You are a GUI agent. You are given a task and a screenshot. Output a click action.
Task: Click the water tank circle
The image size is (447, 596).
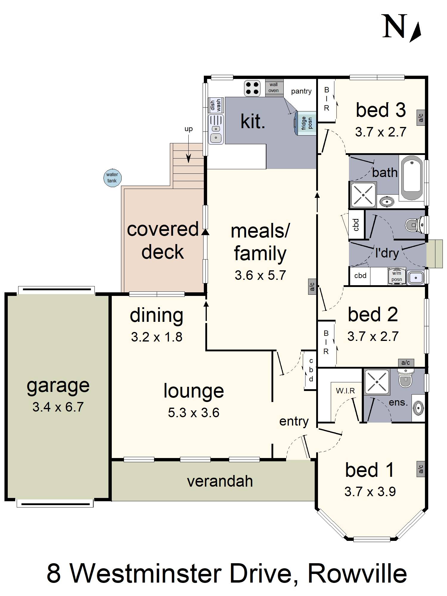[x=112, y=178]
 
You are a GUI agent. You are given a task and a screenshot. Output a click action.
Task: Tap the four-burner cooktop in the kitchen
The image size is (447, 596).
[x=252, y=88]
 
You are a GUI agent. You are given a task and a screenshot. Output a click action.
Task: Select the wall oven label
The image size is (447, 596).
[x=274, y=88]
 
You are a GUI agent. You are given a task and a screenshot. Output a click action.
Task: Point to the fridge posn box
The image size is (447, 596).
[x=306, y=123]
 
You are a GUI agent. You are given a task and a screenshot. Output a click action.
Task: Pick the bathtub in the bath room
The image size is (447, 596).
[x=412, y=179]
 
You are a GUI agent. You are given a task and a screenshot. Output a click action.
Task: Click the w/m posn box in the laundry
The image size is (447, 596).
[x=397, y=276]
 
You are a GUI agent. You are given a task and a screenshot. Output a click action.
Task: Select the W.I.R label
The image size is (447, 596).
[x=345, y=391]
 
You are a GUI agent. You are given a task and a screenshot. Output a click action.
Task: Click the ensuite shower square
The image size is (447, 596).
[x=377, y=382]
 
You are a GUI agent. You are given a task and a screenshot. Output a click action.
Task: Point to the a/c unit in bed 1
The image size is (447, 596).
[x=421, y=469]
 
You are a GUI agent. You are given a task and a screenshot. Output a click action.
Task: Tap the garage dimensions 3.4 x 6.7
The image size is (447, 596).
[x=58, y=407]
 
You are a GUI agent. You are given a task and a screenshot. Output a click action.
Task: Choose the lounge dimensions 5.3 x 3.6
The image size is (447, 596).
[x=194, y=413]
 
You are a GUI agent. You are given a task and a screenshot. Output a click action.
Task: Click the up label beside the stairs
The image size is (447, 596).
[x=188, y=129]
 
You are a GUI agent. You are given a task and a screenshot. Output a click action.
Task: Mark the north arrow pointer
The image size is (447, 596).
[x=416, y=32]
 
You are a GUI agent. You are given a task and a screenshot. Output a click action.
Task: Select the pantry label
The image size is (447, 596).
[x=301, y=91]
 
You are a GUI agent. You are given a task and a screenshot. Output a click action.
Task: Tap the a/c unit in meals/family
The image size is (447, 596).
[x=312, y=287]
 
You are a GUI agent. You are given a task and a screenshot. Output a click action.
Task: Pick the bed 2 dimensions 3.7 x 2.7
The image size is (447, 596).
[x=373, y=336]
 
